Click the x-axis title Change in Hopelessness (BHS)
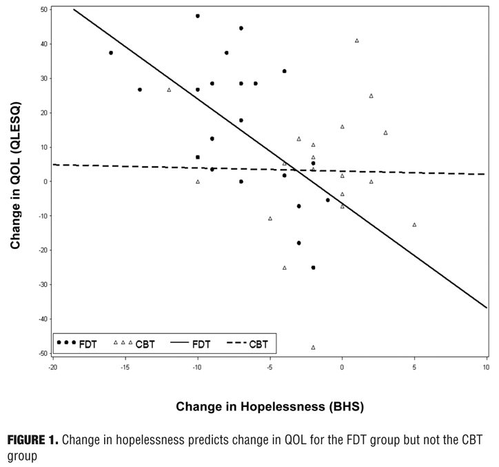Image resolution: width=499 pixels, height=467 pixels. pos(269,407)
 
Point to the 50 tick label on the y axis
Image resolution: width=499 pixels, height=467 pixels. pos(44,10)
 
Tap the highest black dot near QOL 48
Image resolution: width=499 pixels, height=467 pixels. pos(198,16)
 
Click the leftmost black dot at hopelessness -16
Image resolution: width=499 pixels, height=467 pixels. pos(111,53)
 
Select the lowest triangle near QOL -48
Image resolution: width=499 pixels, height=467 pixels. pos(313,347)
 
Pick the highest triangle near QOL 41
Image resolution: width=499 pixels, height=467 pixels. pos(356,41)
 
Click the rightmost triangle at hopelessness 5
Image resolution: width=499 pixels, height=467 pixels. pos(414,225)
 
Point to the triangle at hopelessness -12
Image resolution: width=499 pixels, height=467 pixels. pos(169,90)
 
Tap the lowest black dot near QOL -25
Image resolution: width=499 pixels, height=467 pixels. pos(313,268)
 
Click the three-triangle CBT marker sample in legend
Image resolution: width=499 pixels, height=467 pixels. pos(123,343)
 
